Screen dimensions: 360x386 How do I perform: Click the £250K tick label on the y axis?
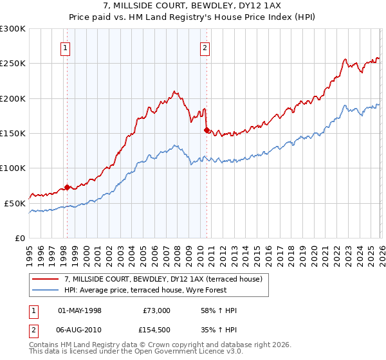click(13, 64)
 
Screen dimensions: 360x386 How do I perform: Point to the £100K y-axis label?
click(13, 168)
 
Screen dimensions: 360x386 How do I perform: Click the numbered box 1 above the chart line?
click(66, 47)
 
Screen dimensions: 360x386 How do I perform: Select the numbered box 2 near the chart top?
click(205, 47)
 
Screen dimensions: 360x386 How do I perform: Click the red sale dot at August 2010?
click(207, 130)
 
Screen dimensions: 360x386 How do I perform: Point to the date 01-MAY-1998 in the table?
click(80, 310)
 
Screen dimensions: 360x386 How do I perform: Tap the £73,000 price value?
click(156, 310)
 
